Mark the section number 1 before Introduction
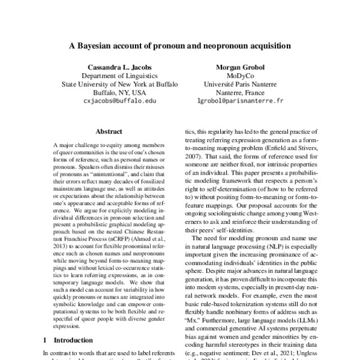[x=47, y=340]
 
